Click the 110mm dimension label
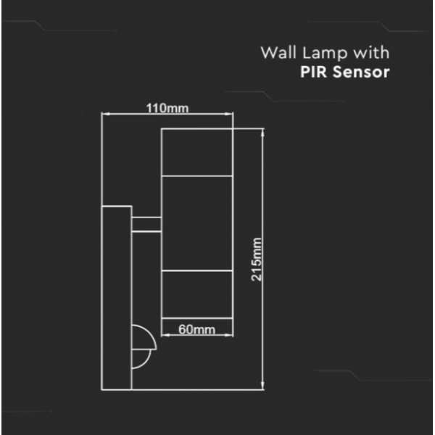tap(167, 108)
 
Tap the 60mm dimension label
tap(196, 330)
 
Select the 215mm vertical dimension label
tap(257, 260)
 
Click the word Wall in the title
tap(278, 52)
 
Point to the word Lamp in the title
tap(325, 54)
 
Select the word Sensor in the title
tap(361, 72)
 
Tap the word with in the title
tap(371, 52)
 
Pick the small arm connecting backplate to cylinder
tap(146, 224)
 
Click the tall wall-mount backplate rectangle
tap(117, 298)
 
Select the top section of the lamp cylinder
tap(196, 152)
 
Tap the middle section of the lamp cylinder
tap(196, 223)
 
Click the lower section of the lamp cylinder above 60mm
tap(196, 294)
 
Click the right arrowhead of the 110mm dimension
tap(228, 114)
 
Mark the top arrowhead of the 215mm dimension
tap(262, 133)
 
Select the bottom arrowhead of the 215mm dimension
tap(262, 386)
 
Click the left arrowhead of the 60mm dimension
tap(165, 335)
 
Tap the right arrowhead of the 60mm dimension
tap(228, 335)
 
